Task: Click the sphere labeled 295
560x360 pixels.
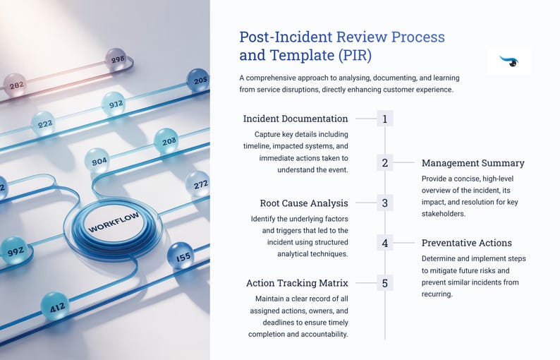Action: click(116, 60)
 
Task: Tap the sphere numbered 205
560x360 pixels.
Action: click(198, 81)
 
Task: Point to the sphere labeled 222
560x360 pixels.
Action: click(44, 124)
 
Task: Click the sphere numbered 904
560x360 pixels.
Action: click(98, 161)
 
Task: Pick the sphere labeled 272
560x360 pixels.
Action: click(197, 184)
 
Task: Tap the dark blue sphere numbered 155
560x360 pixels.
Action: click(181, 257)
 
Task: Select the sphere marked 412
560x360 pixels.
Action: click(56, 306)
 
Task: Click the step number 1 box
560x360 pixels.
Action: click(384, 119)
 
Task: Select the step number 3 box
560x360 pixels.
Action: click(384, 203)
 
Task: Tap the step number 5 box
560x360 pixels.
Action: click(384, 284)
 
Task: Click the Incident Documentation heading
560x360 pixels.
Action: click(296, 119)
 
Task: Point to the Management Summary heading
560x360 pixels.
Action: click(473, 163)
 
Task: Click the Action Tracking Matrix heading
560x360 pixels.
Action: click(297, 283)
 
